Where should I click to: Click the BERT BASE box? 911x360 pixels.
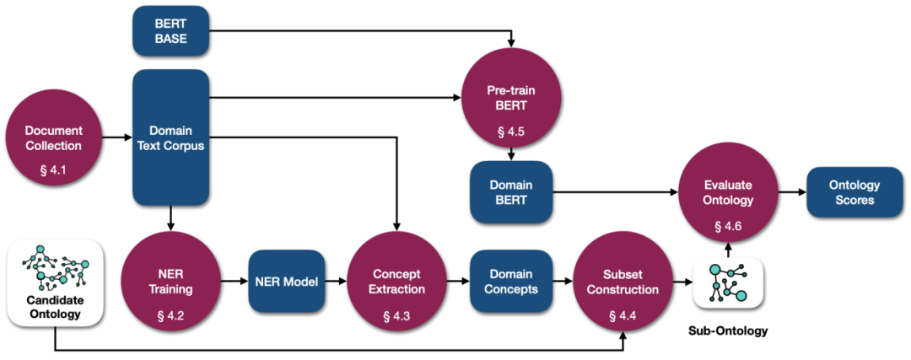coord(170,31)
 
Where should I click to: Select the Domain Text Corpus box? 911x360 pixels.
coord(170,137)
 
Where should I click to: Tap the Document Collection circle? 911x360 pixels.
coord(53,137)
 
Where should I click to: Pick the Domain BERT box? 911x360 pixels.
coord(510,192)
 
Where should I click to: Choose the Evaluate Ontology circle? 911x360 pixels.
coord(728,192)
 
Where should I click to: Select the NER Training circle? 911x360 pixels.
coord(170,282)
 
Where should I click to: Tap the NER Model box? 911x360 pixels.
coord(286,282)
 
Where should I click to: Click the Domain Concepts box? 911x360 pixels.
coord(510,282)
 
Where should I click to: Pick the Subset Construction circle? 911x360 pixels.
coord(623,282)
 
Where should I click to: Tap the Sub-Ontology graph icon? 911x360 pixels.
coord(728,282)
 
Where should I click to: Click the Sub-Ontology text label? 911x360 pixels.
coord(728,331)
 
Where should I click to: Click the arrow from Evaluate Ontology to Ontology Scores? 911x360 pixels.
coord(791,192)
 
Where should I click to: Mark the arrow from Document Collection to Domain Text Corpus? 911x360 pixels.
coord(116,138)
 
